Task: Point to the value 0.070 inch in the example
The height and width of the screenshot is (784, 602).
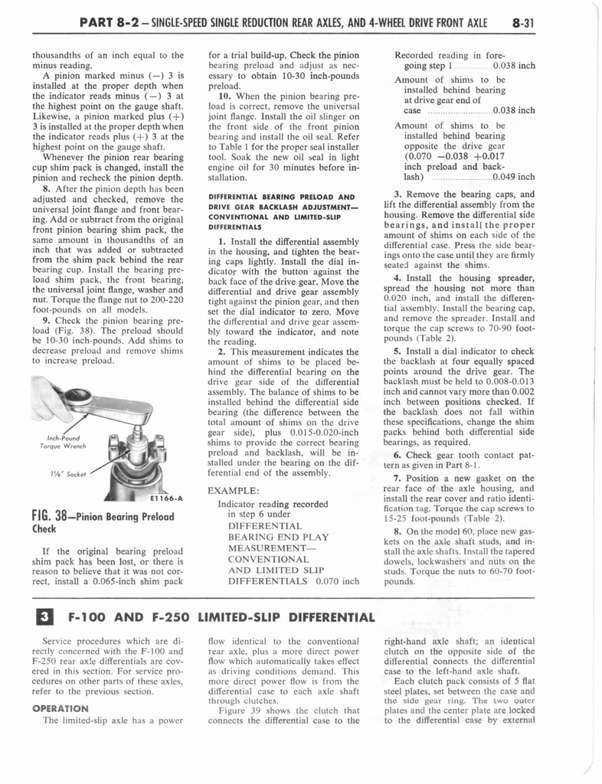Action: (339, 580)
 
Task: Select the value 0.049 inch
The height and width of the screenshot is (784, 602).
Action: (515, 177)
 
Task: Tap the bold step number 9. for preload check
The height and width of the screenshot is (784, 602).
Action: (47, 320)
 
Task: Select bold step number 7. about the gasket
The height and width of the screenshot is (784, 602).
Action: (397, 479)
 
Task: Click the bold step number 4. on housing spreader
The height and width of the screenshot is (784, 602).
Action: (397, 278)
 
